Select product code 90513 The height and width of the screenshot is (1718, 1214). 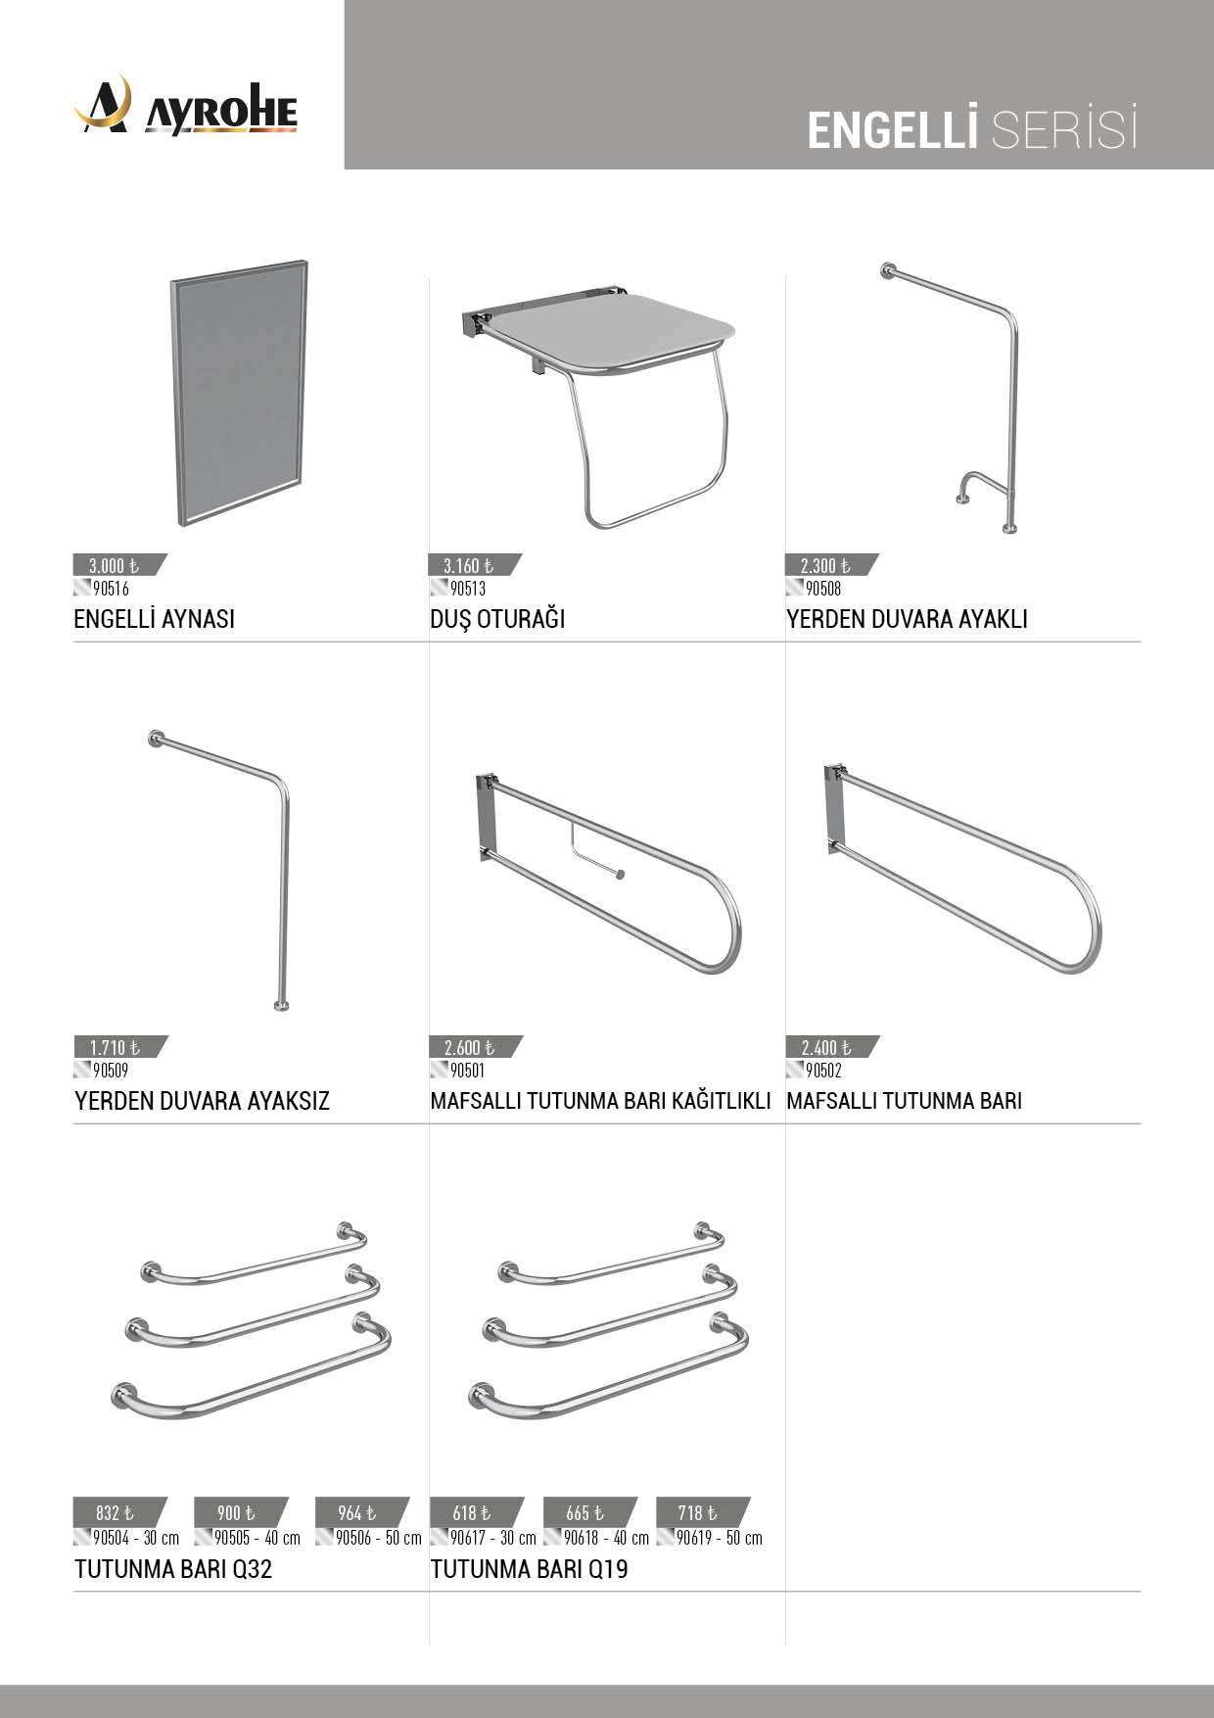click(x=468, y=589)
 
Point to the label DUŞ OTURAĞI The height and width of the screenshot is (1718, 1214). click(x=497, y=619)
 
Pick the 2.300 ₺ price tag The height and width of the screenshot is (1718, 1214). click(x=831, y=565)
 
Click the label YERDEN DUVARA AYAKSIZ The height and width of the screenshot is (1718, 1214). click(x=202, y=1101)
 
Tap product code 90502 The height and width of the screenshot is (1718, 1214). click(x=823, y=1071)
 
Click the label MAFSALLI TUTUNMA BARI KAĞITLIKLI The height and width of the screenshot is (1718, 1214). click(x=601, y=1101)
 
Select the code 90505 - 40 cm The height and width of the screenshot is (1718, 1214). click(x=257, y=1538)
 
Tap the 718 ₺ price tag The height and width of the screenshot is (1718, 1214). click(x=702, y=1512)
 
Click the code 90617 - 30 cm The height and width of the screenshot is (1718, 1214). click(x=492, y=1538)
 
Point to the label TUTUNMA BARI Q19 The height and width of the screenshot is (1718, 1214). click(x=530, y=1569)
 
